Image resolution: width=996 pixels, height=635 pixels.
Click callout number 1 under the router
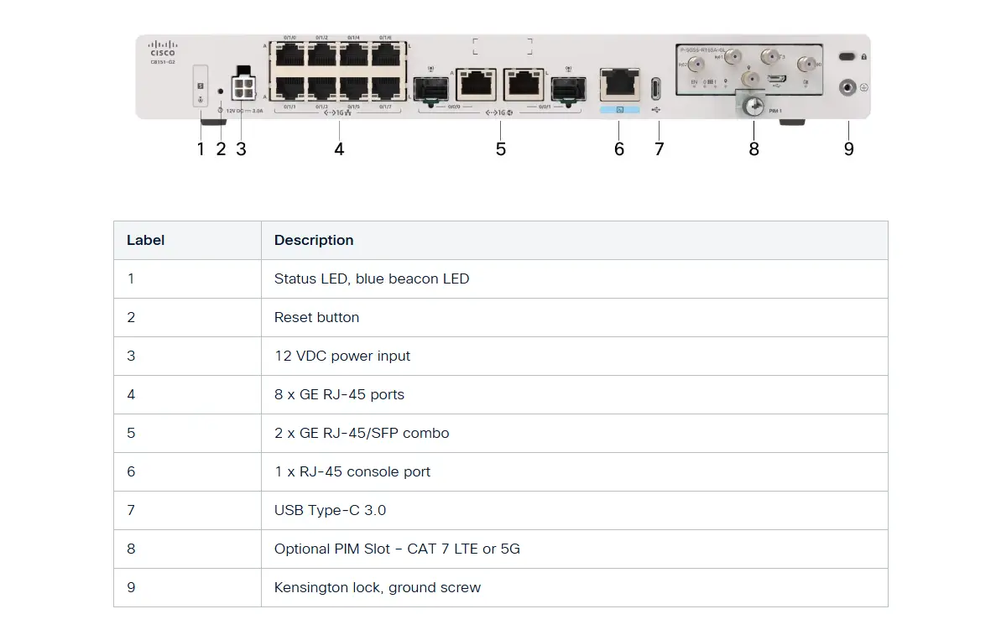pyautogui.click(x=201, y=149)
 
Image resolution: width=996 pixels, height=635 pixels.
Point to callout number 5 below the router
pyautogui.click(x=501, y=149)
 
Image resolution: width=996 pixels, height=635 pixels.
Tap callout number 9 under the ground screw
pyautogui.click(x=848, y=149)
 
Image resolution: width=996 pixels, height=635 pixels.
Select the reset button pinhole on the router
pyautogui.click(x=221, y=91)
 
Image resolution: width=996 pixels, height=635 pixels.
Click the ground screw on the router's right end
pyautogui.click(x=847, y=86)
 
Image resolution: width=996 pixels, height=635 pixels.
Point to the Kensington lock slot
pyautogui.click(x=847, y=56)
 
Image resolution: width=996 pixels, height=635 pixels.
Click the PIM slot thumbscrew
pyautogui.click(x=754, y=106)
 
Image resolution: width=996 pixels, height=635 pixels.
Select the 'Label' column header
pyautogui.click(x=145, y=240)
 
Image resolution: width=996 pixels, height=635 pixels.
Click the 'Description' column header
pyautogui.click(x=314, y=240)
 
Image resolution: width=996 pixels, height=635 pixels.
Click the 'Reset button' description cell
pyautogui.click(x=316, y=317)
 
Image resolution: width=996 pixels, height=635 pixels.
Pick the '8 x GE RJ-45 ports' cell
pyautogui.click(x=339, y=394)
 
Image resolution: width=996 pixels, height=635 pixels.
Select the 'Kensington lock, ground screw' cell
pyautogui.click(x=377, y=587)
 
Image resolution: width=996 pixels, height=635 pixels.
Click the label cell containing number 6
pyautogui.click(x=131, y=471)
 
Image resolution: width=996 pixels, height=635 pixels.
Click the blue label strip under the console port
pyautogui.click(x=619, y=109)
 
